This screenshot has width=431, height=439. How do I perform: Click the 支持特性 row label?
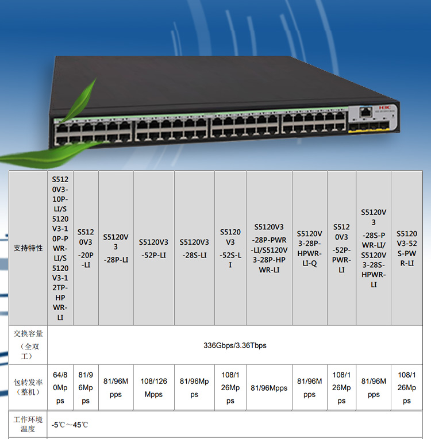point(28,248)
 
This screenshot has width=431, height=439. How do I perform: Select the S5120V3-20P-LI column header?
point(86,248)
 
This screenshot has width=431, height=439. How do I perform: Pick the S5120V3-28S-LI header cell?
point(194,248)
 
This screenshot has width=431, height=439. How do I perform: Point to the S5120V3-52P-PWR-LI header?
point(341,248)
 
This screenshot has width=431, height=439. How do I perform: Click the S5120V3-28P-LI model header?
point(116,248)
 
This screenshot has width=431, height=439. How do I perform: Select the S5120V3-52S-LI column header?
point(230,248)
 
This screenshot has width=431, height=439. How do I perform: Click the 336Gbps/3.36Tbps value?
point(235,345)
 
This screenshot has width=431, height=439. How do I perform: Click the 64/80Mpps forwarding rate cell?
point(60,388)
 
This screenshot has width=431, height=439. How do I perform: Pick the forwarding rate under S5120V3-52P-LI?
point(153,388)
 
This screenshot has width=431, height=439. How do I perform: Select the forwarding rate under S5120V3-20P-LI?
point(86,388)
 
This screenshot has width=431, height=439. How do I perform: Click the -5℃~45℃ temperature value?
point(70,425)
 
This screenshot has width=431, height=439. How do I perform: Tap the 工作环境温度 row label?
point(28,425)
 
